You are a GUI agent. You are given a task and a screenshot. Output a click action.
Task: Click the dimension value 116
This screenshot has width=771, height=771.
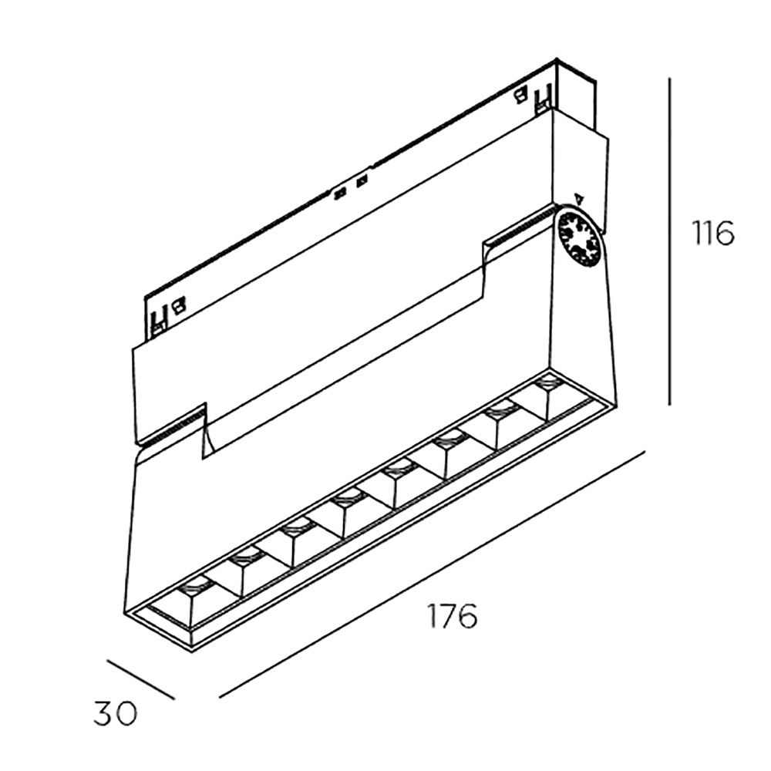point(712,233)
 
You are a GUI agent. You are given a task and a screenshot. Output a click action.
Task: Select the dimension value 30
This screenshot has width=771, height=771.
point(116,713)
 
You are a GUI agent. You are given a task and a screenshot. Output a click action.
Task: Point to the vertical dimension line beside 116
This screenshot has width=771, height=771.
point(670,241)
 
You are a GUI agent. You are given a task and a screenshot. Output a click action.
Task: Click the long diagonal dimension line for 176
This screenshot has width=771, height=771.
point(432,574)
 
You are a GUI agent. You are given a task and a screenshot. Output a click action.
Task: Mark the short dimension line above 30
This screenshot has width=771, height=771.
point(140,679)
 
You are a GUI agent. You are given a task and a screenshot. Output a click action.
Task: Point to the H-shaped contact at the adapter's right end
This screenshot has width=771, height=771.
point(543,97)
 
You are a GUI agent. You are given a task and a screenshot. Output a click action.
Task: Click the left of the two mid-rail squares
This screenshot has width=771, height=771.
point(340,194)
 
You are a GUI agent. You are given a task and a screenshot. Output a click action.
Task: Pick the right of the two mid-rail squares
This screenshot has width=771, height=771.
point(362,181)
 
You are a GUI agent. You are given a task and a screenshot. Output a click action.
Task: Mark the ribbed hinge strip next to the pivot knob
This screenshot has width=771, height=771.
point(520,227)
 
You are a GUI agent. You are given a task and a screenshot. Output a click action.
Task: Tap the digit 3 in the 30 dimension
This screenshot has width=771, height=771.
point(104,713)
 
